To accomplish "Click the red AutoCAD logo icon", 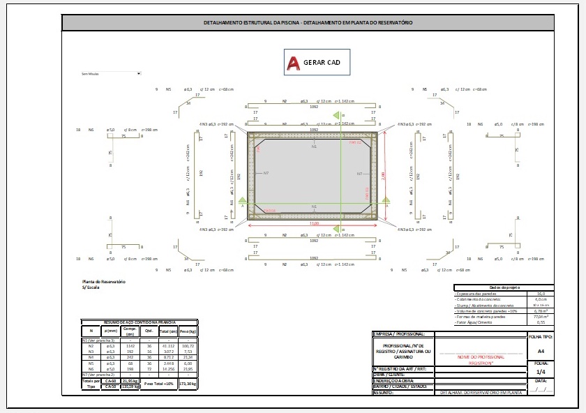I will point(294,63).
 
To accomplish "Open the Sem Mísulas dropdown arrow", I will point(140,73).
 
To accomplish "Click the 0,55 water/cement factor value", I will point(540,322).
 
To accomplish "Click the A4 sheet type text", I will point(541,351).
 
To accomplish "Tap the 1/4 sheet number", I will point(541,373).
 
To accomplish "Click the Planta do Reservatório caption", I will point(103,281).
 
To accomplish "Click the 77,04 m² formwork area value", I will point(540,315).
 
